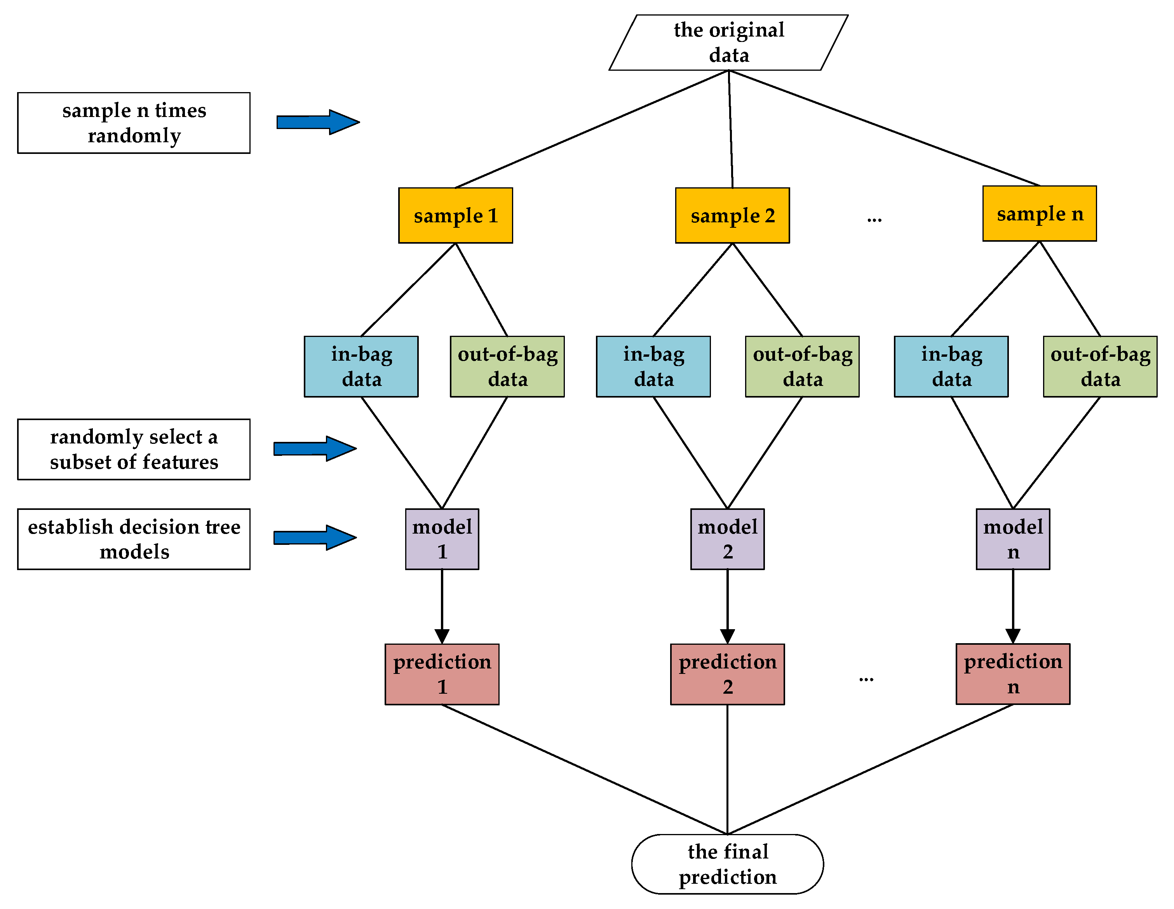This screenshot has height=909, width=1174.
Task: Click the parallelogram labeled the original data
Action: click(x=728, y=42)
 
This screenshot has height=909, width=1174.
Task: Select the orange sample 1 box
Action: click(x=455, y=215)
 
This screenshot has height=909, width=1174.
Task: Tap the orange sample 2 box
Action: click(x=732, y=215)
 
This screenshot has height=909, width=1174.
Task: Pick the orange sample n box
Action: click(x=1040, y=213)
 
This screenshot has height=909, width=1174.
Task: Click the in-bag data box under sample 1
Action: click(x=361, y=366)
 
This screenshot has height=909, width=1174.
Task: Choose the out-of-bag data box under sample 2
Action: click(x=802, y=366)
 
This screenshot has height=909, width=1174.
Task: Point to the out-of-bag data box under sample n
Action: click(x=1100, y=366)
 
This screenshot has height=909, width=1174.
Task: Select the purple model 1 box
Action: click(x=442, y=539)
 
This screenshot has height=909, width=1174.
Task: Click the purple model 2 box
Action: click(x=727, y=539)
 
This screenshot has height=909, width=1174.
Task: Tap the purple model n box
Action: click(x=1013, y=539)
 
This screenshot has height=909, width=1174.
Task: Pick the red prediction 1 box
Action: click(x=442, y=674)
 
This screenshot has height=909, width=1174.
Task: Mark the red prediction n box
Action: click(x=1013, y=673)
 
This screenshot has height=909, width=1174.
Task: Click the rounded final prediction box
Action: click(x=727, y=864)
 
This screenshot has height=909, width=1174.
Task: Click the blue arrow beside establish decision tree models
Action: click(x=314, y=537)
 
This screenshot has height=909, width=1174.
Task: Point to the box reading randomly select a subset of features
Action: click(x=134, y=449)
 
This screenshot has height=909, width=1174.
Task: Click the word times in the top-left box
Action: click(x=181, y=110)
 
